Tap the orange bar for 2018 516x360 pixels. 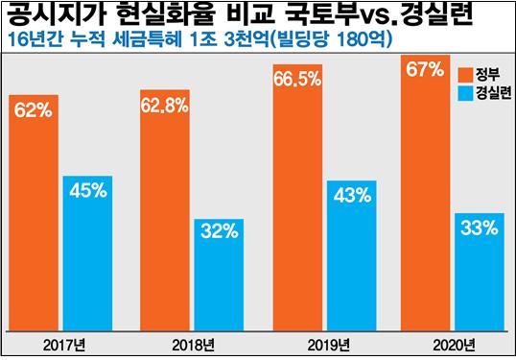166,211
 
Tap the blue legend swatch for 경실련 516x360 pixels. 464,93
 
